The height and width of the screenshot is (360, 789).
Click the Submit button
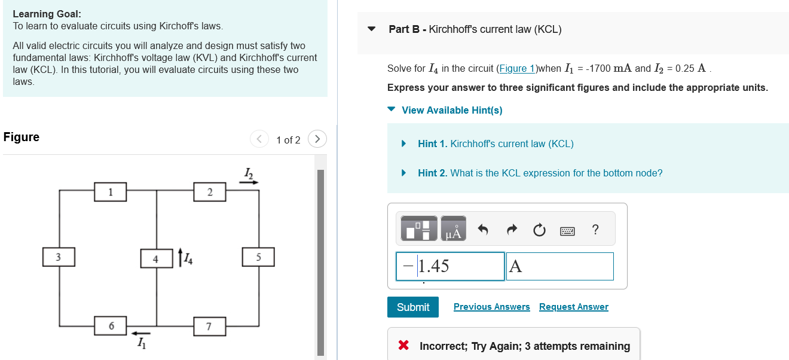(x=412, y=307)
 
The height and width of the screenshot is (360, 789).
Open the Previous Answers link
(x=491, y=307)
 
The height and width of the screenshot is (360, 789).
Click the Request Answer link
(x=573, y=307)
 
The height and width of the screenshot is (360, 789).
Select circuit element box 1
(x=111, y=192)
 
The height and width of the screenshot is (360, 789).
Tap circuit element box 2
(x=209, y=192)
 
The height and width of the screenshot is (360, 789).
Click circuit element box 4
(x=156, y=258)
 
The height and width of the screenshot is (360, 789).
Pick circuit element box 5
(x=258, y=258)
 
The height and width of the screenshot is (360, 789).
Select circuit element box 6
(x=111, y=326)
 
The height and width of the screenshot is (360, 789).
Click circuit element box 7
(x=209, y=326)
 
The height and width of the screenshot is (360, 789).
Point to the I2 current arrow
(x=249, y=182)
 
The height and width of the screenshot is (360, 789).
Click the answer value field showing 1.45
(x=450, y=266)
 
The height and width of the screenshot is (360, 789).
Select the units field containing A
(x=559, y=266)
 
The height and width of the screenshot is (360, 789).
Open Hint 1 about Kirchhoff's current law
(x=495, y=144)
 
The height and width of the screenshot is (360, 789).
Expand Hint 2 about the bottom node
(x=539, y=173)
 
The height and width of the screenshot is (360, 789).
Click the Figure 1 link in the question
(x=517, y=68)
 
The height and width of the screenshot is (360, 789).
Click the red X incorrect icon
(x=404, y=346)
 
